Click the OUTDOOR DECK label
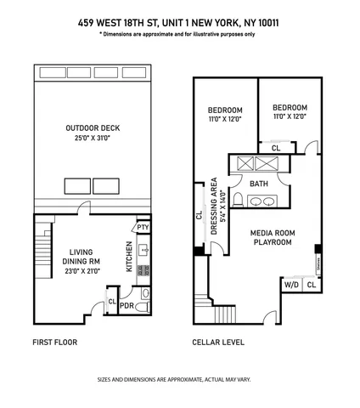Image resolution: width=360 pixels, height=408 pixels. tap(93, 128)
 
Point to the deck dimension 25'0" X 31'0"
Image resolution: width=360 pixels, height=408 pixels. tap(93, 139)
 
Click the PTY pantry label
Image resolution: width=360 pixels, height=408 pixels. tap(143, 227)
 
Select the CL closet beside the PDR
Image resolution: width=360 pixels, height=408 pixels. tap(112, 301)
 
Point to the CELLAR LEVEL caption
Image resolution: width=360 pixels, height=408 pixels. tap(218, 343)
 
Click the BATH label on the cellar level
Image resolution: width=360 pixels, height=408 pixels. tap(259, 184)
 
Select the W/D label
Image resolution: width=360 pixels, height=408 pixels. tap(290, 285)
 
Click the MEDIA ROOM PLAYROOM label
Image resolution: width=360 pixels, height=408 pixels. tap(272, 237)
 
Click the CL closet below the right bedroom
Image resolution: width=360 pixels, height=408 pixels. tap(276, 147)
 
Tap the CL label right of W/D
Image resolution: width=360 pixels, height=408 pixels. tap(311, 285)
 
